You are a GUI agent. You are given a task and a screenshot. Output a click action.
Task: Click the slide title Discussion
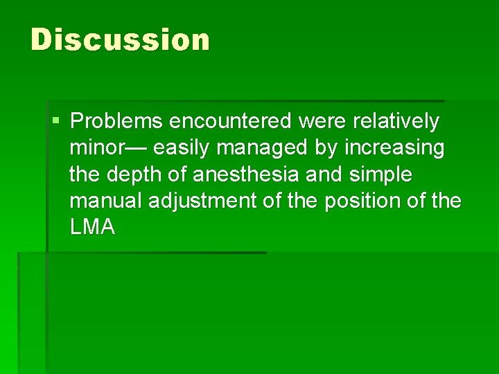(120, 39)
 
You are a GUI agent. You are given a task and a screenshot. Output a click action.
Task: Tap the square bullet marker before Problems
(56, 122)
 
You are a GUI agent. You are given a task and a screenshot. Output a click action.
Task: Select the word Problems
(116, 122)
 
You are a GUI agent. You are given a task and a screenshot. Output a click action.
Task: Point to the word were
(323, 122)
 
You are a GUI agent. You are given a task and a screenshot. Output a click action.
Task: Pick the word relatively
(396, 122)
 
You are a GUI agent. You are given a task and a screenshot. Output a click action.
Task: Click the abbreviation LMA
(92, 227)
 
